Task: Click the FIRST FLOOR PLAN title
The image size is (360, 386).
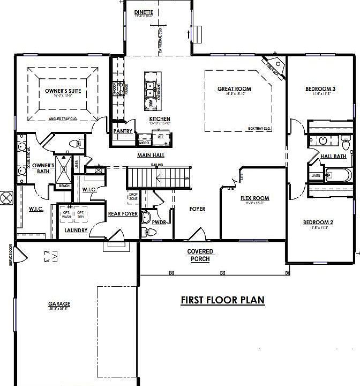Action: [222, 300]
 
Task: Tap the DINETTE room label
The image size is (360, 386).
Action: [144, 12]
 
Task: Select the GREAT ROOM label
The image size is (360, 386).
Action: [234, 89]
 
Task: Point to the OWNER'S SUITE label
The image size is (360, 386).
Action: [63, 91]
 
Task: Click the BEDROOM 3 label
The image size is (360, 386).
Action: [320, 88]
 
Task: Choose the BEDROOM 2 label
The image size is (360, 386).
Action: [318, 222]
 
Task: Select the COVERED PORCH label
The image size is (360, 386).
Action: [200, 255]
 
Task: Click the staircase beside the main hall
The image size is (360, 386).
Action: [158, 177]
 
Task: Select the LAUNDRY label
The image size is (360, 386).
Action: [76, 231]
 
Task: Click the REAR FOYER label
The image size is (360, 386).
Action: [123, 213]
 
